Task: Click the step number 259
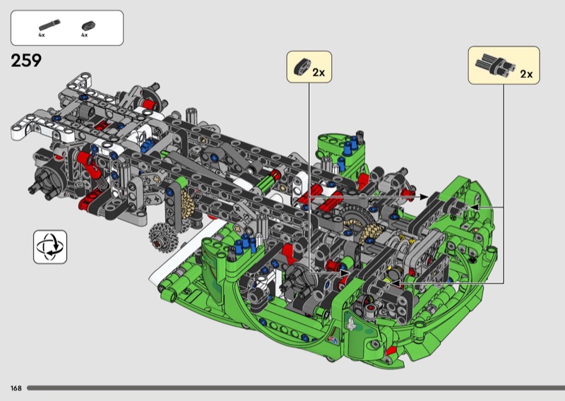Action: [26, 61]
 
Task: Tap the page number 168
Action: [16, 388]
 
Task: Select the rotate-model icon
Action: [50, 247]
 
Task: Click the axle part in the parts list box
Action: [49, 25]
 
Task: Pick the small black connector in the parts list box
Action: [88, 25]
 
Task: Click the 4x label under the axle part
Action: [42, 35]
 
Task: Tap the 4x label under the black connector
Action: [85, 35]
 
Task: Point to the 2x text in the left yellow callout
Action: [319, 73]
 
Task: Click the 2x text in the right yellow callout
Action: [526, 74]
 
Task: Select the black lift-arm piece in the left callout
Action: [302, 66]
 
